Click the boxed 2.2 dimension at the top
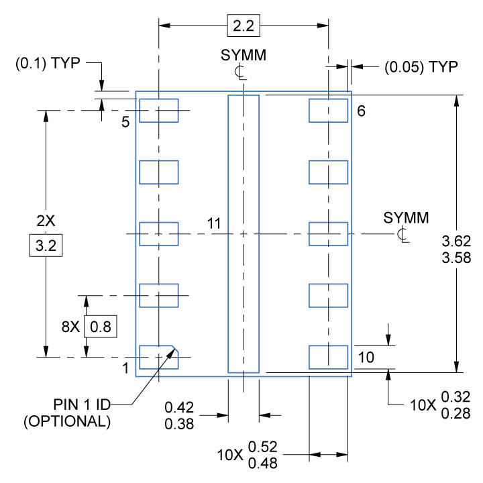pos(242,27)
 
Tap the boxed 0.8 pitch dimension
pos(101,327)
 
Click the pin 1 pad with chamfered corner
pos(159,357)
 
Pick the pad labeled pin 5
pos(159,111)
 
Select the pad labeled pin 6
pos(328,111)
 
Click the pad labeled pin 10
pos(328,357)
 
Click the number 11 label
pos(214,224)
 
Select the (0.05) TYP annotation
pos(421,67)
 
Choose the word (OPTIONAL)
pos(67,422)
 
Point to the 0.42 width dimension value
pos(179,407)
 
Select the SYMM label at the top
pos(243,56)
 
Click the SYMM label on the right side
pos(406,218)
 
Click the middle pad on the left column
pos(159,233)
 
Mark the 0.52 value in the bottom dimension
pos(262,447)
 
